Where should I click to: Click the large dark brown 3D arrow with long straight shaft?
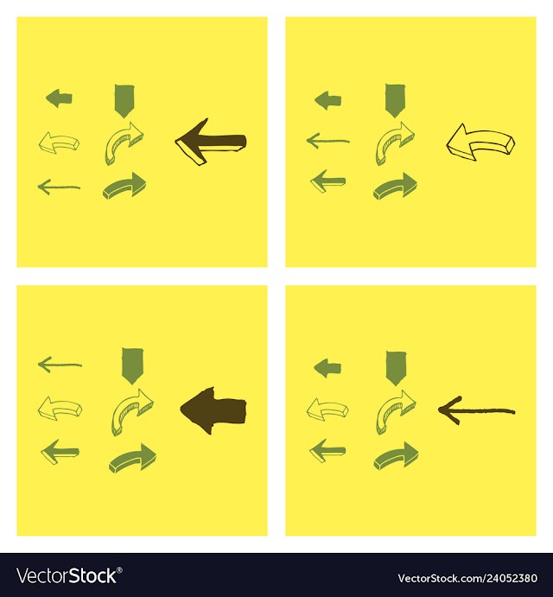click(x=211, y=142)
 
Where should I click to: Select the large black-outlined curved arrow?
click(x=480, y=141)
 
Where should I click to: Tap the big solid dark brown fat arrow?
click(x=213, y=410)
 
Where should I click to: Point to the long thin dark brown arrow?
click(x=476, y=410)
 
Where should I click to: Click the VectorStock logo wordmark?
click(x=66, y=576)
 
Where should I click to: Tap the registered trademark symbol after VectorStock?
click(x=119, y=570)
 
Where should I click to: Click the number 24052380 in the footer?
click(x=510, y=578)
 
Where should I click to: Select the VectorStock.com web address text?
click(x=467, y=578)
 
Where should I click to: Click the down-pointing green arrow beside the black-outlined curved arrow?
click(x=396, y=101)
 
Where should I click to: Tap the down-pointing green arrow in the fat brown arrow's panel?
click(x=132, y=366)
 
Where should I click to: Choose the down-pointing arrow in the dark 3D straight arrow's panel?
click(x=124, y=101)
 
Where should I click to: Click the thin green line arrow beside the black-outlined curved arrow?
click(x=328, y=141)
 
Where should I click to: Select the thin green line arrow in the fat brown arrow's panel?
click(x=60, y=365)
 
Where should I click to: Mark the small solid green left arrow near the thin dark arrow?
click(x=327, y=368)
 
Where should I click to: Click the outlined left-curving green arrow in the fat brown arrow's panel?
click(x=60, y=409)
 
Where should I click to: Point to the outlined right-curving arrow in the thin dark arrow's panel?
click(x=396, y=411)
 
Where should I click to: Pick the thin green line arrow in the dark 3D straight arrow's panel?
click(x=59, y=187)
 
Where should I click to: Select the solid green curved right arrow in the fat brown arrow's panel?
click(x=132, y=458)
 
